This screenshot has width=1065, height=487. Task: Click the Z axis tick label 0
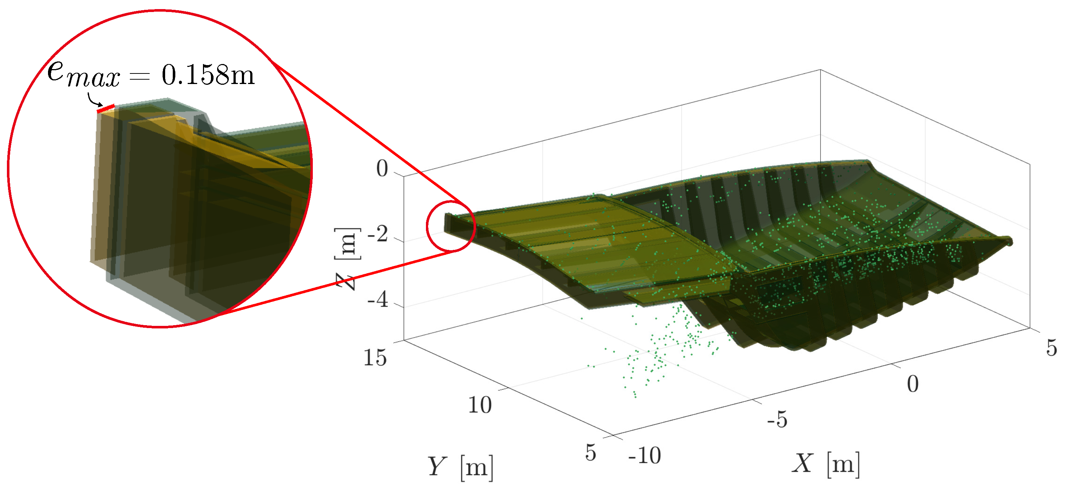[382, 169]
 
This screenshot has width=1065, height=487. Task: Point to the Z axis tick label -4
[378, 299]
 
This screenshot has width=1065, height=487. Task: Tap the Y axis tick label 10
[480, 405]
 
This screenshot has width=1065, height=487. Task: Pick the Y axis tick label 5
[590, 452]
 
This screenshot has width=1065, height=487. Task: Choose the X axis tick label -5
[777, 420]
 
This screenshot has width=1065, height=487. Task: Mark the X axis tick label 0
[913, 384]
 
